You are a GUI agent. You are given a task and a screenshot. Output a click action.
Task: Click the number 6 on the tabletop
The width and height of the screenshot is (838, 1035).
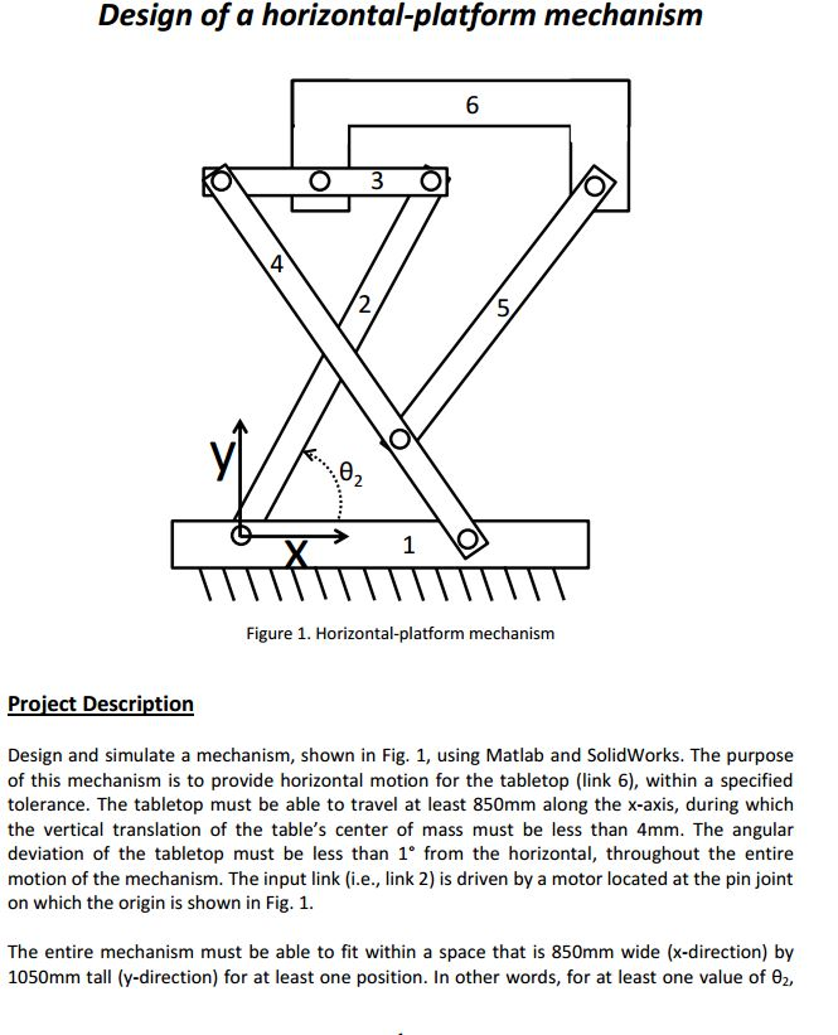coord(471,105)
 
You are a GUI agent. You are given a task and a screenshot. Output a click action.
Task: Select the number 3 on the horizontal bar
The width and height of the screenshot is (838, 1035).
coord(377,181)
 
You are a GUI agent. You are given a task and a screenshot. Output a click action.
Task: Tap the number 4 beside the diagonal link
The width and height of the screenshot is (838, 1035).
coord(277,264)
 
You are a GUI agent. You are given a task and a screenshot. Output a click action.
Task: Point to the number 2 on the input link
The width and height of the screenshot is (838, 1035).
coord(364,305)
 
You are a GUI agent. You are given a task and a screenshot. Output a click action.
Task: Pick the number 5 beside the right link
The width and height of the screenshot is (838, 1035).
coord(503,308)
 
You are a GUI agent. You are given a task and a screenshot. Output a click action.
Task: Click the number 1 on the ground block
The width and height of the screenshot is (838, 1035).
coord(409,545)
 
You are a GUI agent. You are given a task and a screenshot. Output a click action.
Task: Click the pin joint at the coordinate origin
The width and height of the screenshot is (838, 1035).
coord(241,535)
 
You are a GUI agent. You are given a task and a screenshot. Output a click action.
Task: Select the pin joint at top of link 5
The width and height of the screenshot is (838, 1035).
coord(594,186)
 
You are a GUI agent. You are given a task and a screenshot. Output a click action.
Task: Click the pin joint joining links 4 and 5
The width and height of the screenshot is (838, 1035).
coord(400,439)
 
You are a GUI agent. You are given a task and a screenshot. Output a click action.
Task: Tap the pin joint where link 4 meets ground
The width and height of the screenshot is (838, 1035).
coord(467,539)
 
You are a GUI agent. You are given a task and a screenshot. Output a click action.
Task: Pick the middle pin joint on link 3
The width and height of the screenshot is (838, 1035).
coord(319,181)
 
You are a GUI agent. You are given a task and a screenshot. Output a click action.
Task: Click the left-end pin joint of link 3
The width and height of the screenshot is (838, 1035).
coord(221,181)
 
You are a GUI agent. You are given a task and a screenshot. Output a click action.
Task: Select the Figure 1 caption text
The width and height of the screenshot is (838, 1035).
coord(400,633)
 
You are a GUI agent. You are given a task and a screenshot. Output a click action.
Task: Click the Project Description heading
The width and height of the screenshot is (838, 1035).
coord(101,704)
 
